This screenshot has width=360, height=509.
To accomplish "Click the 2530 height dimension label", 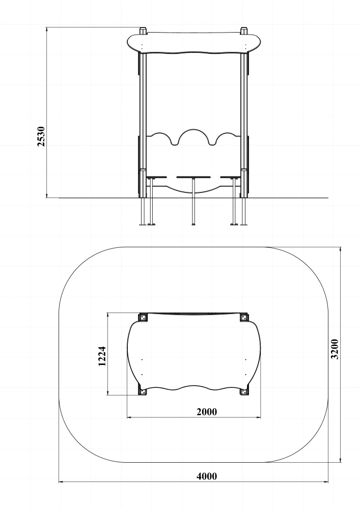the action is pos(41,136).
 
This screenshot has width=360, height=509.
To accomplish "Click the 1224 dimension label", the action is pos(102,356).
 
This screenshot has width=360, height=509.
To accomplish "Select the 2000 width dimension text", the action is pos(207,412).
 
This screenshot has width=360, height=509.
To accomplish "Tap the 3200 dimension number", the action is pos(335,349).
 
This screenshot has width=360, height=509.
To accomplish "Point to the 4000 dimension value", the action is pos(207,476).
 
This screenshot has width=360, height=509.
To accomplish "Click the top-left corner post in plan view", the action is pos(143,317).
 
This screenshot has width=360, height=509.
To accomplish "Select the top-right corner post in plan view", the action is pos(244,317).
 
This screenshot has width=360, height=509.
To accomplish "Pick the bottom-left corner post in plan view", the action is pos(143,392).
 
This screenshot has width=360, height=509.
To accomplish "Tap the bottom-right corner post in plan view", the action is pos(244,392).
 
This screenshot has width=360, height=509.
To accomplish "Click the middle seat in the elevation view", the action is pos(193,177).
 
